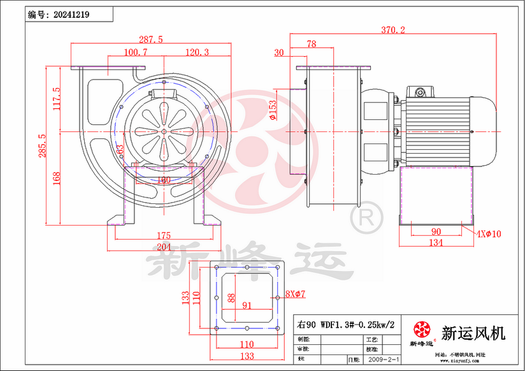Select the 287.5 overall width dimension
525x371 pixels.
tap(150, 40)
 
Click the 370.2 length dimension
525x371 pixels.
tap(394, 29)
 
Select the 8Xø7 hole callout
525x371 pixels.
tap(296, 294)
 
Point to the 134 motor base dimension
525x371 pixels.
tap(436, 243)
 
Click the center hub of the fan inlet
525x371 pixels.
tap(163, 131)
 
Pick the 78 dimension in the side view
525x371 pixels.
tap(311, 44)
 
